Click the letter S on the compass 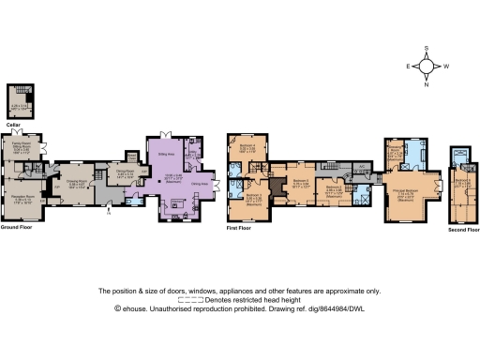tap(427, 49)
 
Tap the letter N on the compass tap(427, 85)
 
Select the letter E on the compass tap(408, 67)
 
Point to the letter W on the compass tap(446, 67)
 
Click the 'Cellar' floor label tap(12, 124)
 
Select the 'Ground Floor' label tap(17, 226)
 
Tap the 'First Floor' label tap(240, 226)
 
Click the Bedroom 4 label tap(247, 145)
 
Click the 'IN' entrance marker tap(110, 214)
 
